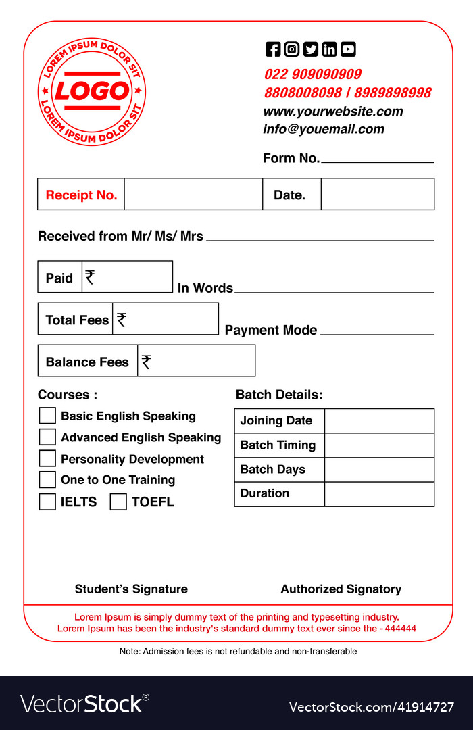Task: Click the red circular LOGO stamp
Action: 92,91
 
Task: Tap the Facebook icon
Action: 272,49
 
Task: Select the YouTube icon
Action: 348,49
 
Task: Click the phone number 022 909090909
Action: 312,74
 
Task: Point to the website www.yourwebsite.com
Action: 332,112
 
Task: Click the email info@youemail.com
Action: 323,129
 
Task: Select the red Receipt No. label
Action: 81,195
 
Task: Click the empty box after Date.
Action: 377,195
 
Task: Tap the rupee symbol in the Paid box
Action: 90,277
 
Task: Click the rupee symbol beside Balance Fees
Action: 146,362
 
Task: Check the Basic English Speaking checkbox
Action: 47,416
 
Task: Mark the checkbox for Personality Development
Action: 47,458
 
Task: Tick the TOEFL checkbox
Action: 118,502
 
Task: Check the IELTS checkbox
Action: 47,502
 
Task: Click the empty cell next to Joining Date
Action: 379,420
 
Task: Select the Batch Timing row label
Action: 278,445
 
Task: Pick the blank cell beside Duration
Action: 379,494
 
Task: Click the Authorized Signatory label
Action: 341,589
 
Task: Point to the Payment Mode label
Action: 270,330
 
